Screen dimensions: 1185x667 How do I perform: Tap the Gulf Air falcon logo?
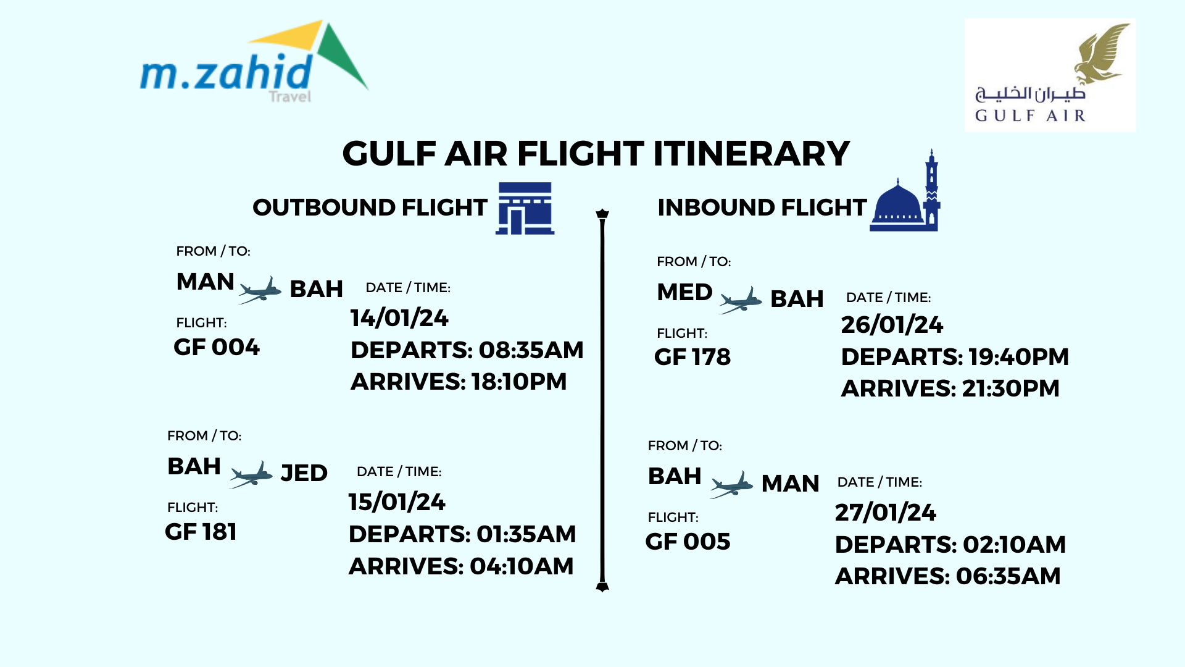(x=1050, y=75)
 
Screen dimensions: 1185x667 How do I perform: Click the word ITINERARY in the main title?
(x=752, y=154)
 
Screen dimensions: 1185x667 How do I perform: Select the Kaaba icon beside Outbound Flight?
(x=525, y=208)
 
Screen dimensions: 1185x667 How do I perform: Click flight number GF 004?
(x=217, y=347)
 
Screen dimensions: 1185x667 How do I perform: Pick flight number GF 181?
(x=201, y=532)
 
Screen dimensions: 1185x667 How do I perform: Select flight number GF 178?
(x=692, y=357)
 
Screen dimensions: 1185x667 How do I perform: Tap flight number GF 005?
(x=688, y=542)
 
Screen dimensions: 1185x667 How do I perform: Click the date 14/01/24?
(x=399, y=318)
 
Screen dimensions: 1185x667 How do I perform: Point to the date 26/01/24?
(x=892, y=325)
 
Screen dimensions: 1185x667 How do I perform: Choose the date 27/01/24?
(x=886, y=513)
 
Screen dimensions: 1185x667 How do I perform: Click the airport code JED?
(x=304, y=473)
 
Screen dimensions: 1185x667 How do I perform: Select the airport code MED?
(x=684, y=292)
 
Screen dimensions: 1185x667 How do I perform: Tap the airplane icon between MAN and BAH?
(x=260, y=290)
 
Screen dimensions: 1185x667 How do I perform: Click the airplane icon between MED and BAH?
(x=741, y=300)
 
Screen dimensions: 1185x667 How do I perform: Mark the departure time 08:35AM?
(x=531, y=350)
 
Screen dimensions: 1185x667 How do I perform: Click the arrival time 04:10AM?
(x=522, y=566)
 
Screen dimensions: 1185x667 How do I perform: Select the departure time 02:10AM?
(x=1015, y=545)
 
